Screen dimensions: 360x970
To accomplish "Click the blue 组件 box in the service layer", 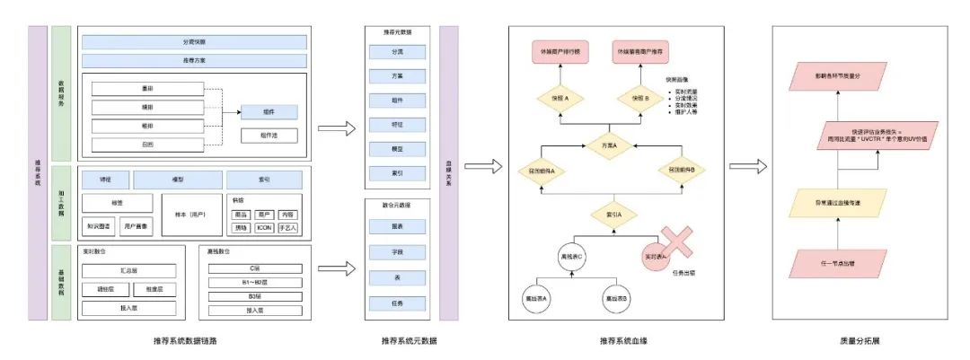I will tap(269, 112).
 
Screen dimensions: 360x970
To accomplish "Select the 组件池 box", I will tap(269, 135).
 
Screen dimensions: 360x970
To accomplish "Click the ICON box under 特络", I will tap(263, 227).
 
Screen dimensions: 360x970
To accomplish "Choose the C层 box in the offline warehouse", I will tap(254, 268).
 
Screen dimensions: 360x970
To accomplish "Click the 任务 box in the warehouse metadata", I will tap(397, 303).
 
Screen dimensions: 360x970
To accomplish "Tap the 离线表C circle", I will tap(574, 255).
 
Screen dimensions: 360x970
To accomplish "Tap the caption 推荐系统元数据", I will tap(397, 342).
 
